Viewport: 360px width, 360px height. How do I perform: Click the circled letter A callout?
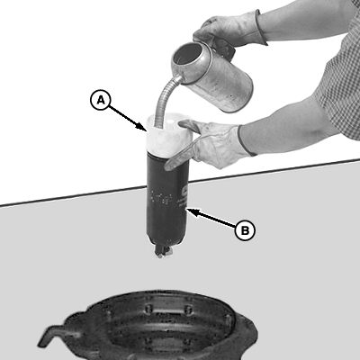pos(101,100)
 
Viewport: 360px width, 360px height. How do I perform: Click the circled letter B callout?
pos(245,230)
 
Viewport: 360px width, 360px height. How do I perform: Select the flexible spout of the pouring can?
pos(164,100)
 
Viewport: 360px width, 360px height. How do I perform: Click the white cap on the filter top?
pos(168,134)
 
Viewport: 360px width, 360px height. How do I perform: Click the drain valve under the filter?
pos(163,251)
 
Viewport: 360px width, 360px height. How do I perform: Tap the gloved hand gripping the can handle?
pos(229,31)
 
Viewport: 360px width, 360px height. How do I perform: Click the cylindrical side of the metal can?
pos(222,82)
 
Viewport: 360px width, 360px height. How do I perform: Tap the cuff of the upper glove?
pos(260,28)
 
